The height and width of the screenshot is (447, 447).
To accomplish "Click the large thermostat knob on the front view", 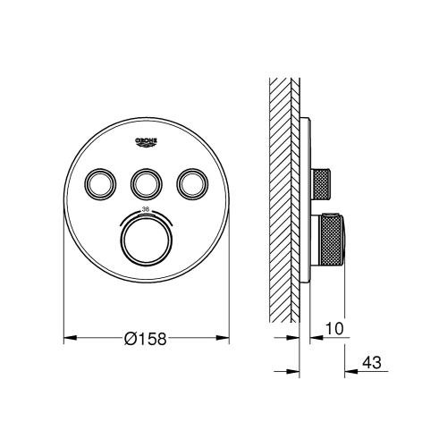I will coord(145,240).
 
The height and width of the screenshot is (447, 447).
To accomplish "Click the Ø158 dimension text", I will coord(148,338).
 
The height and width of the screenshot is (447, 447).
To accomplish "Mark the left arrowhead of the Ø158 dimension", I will coord(68,340).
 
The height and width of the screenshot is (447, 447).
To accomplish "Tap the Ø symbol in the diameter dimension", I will coord(130,338).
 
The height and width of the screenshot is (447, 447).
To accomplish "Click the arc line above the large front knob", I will coord(145,211).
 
